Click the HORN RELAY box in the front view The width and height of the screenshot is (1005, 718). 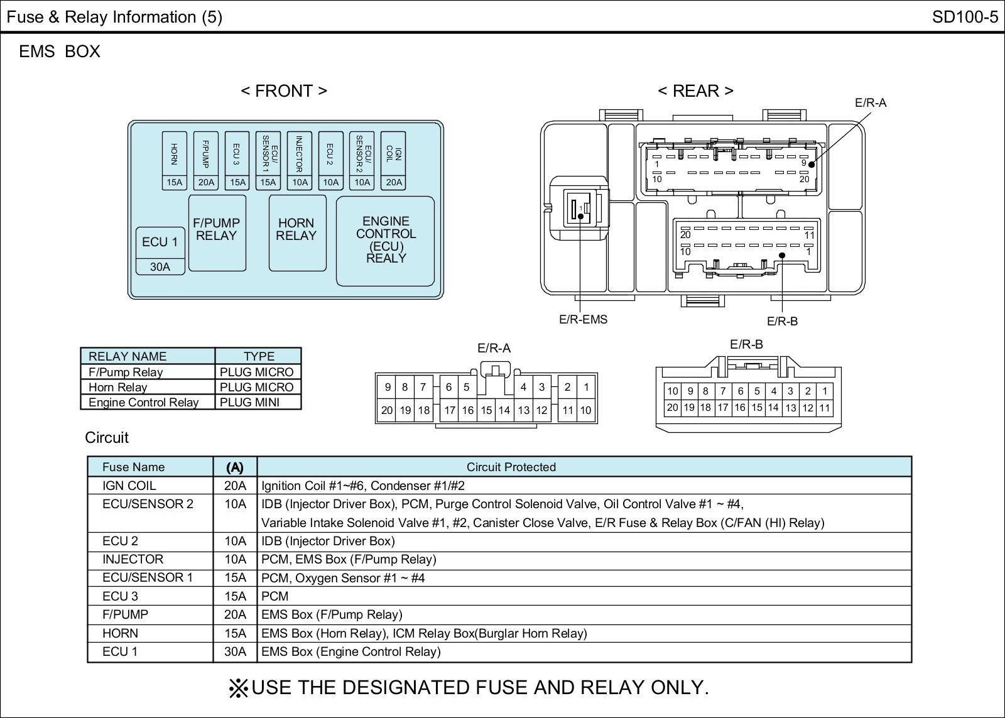point(297,233)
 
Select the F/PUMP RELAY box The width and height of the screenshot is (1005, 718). point(217,233)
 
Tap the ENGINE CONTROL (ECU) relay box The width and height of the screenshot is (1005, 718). point(386,241)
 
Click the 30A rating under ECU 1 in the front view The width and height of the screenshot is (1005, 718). point(160,266)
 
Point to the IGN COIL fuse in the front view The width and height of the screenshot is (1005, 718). point(393,160)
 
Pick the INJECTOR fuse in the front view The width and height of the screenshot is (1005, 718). point(299,160)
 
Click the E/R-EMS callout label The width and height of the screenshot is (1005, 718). point(583,320)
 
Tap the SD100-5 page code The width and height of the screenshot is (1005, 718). point(965,17)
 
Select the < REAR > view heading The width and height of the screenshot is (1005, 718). point(695,90)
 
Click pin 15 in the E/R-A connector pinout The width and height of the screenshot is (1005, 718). point(486,410)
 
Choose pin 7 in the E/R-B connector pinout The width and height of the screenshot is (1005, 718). point(723,391)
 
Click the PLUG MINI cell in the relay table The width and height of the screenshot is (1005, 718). point(249,402)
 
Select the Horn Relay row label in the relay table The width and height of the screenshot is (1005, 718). point(117,387)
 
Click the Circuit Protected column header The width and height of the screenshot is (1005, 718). point(511,467)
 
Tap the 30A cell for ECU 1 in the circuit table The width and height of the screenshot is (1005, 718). point(235,651)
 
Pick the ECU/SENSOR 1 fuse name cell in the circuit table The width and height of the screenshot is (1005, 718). point(148,577)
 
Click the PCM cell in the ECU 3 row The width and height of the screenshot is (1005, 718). point(274,596)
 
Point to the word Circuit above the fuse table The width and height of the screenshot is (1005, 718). point(107,438)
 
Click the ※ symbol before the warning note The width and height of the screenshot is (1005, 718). point(238,688)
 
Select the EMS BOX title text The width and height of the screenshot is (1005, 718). point(60,52)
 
